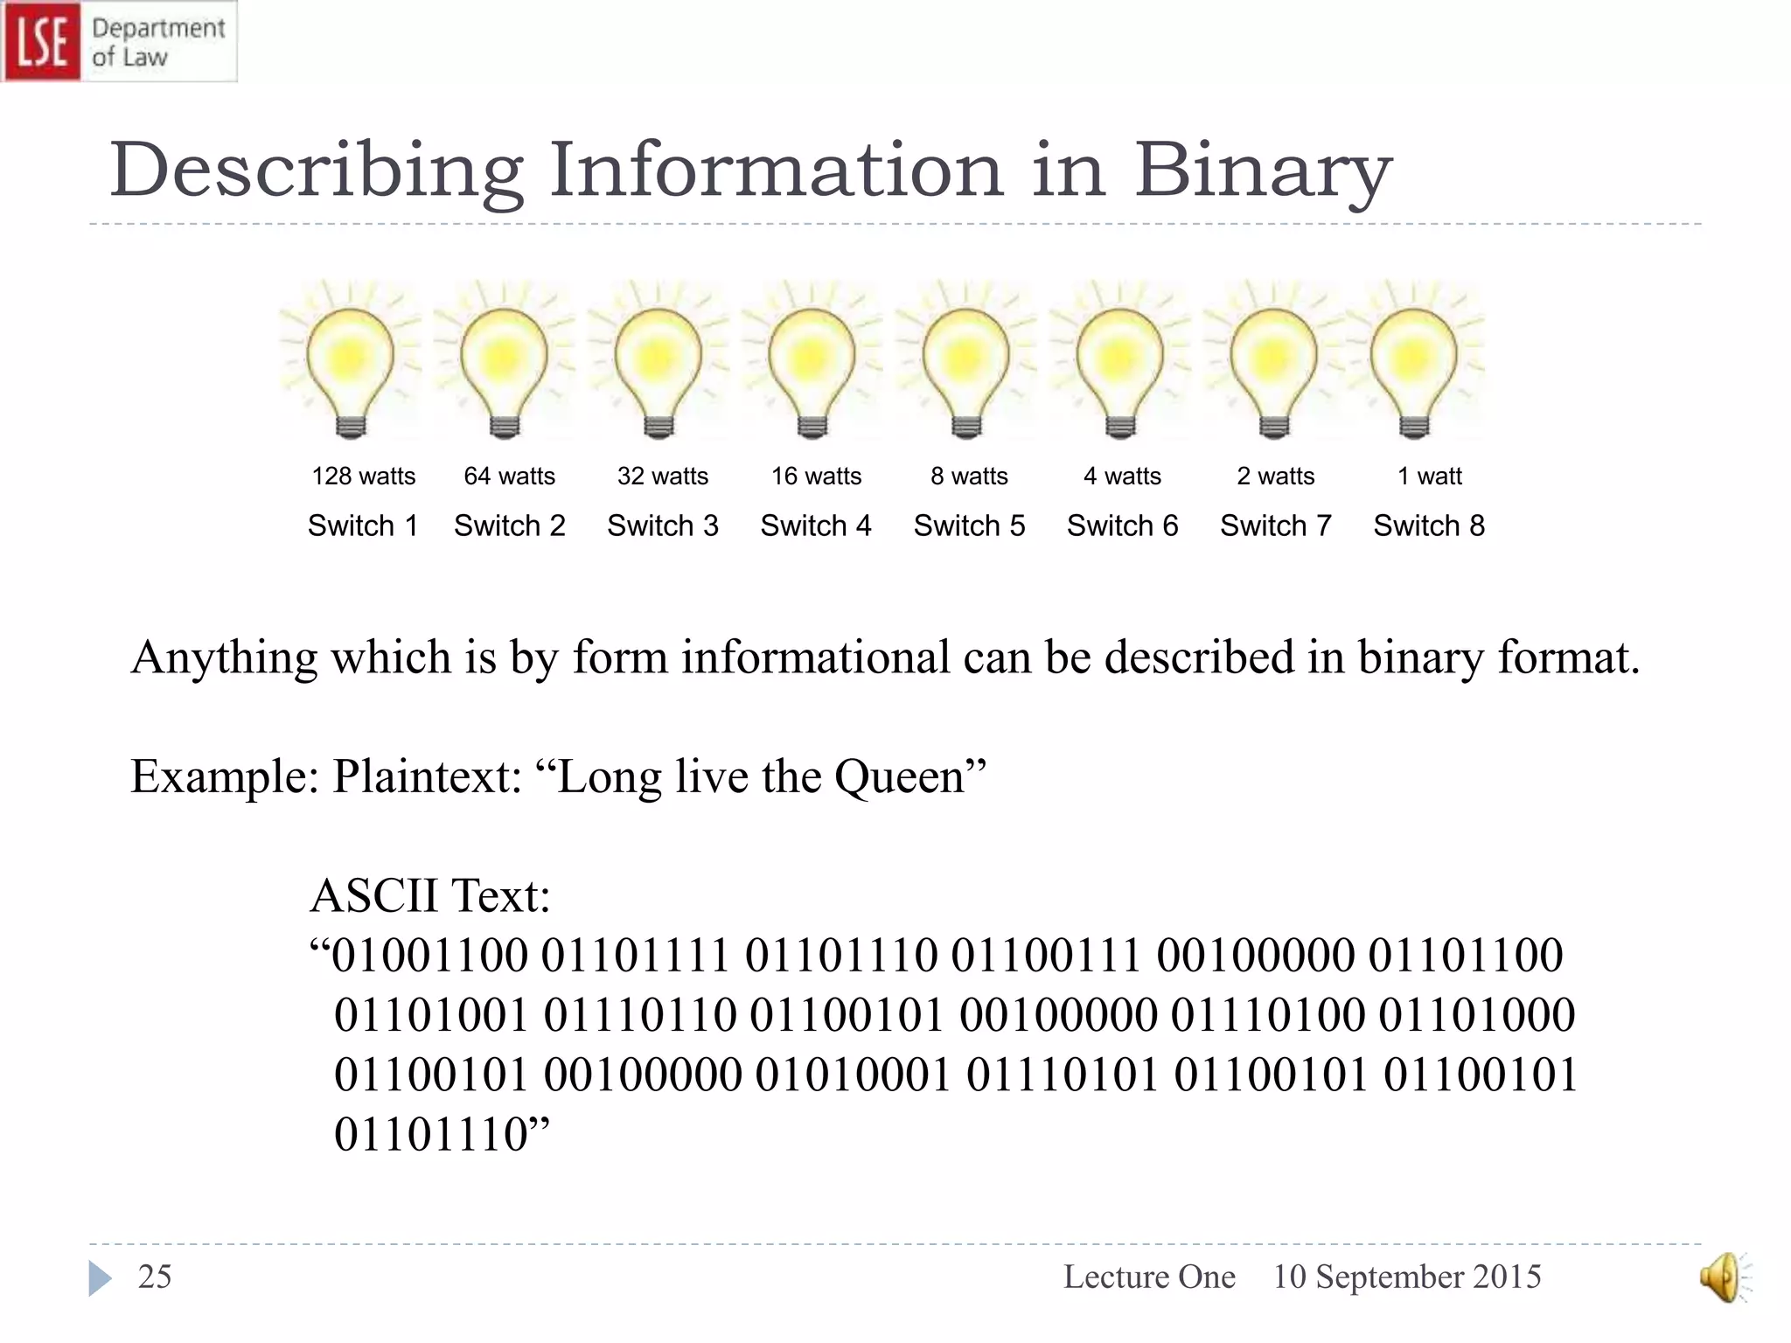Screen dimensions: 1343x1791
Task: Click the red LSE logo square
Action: point(41,41)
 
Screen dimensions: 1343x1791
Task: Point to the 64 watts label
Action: point(509,477)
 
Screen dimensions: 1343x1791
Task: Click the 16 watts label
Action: point(816,477)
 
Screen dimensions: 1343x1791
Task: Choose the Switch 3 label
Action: point(663,526)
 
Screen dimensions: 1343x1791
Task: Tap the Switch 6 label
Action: point(1122,526)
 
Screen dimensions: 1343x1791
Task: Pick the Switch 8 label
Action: point(1429,526)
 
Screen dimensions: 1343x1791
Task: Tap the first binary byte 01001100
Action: point(429,956)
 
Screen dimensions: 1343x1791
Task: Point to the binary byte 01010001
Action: point(853,1075)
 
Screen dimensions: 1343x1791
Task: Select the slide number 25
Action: point(155,1277)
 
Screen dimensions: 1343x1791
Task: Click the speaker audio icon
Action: point(1721,1277)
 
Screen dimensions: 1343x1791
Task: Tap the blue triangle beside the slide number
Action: point(100,1278)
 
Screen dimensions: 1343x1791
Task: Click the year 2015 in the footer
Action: point(1507,1277)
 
